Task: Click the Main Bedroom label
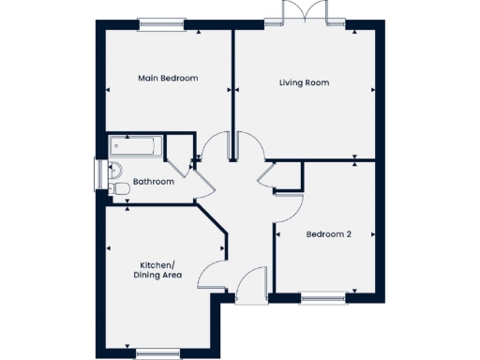click(168, 79)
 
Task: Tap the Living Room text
click(304, 82)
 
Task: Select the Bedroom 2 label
click(328, 234)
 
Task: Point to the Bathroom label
click(153, 181)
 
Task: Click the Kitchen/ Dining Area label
click(157, 270)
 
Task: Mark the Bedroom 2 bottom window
click(322, 299)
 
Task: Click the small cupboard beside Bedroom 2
click(288, 175)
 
